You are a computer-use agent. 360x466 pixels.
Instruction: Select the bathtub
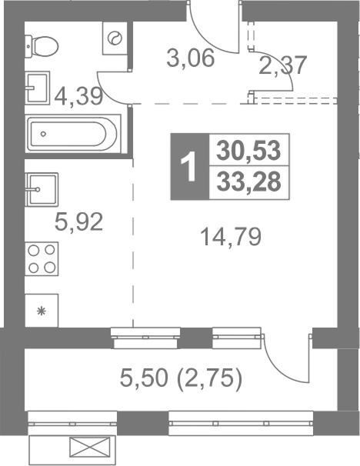click(73, 134)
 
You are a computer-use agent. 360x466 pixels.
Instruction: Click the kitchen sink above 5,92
click(42, 189)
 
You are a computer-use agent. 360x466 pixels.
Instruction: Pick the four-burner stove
click(42, 259)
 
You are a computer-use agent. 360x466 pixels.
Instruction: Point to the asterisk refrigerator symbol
click(42, 311)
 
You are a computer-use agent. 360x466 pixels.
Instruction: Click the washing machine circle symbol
click(115, 38)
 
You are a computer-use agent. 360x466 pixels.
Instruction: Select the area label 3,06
click(191, 58)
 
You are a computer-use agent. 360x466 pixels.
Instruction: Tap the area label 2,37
click(282, 65)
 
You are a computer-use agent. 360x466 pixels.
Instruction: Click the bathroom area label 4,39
click(78, 96)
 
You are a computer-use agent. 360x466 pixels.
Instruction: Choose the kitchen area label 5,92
click(78, 221)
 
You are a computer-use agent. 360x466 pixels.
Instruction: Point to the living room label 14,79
click(232, 237)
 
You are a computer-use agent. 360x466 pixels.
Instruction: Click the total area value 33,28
click(249, 182)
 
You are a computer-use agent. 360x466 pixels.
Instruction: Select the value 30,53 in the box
click(248, 151)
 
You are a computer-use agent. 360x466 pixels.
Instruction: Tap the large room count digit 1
click(189, 167)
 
